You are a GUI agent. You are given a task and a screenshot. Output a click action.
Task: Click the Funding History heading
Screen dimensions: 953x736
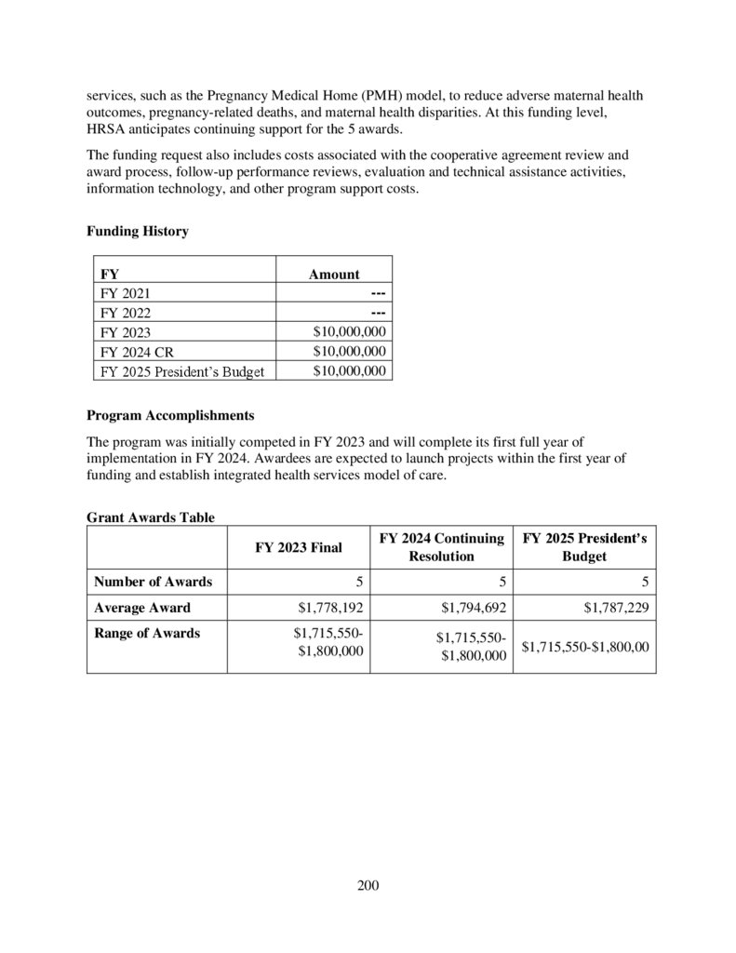click(x=137, y=232)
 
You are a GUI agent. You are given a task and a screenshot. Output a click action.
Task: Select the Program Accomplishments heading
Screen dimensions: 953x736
click(x=170, y=414)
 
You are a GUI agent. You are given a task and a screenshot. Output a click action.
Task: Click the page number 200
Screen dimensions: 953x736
click(x=368, y=884)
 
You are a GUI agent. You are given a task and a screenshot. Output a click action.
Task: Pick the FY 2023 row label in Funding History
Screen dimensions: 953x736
click(x=125, y=332)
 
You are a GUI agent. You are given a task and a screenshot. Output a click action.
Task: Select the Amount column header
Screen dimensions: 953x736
click(x=334, y=275)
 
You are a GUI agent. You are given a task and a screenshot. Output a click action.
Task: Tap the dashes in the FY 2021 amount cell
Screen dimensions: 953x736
click(x=377, y=293)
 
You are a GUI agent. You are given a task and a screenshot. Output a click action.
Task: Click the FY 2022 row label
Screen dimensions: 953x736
click(x=125, y=313)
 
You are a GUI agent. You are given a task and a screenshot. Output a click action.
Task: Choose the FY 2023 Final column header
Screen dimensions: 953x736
click(x=299, y=548)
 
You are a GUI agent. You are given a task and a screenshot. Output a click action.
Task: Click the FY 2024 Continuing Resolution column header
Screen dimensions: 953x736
click(x=442, y=548)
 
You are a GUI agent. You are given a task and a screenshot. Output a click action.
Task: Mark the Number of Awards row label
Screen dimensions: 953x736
click(x=153, y=583)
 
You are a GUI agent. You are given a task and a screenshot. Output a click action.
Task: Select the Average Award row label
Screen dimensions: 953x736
click(x=142, y=608)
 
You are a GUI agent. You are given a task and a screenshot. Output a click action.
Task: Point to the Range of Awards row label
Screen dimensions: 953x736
click(x=147, y=633)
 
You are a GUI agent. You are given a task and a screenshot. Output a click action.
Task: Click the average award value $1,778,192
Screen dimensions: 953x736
click(x=330, y=609)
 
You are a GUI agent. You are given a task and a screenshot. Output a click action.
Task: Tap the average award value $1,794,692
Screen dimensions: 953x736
click(x=473, y=609)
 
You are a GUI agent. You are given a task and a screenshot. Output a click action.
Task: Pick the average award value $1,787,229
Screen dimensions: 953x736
click(x=617, y=609)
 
